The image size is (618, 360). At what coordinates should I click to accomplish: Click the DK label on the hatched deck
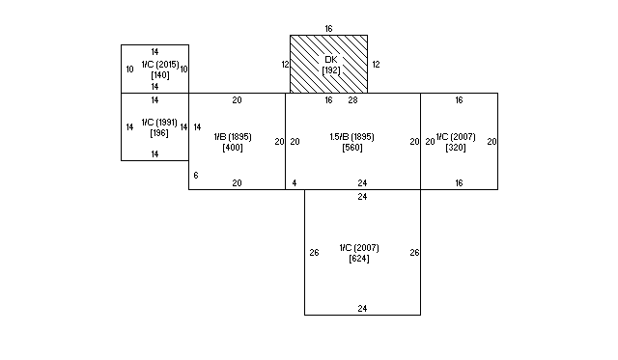tap(331, 60)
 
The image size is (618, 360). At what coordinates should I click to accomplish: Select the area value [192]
tap(331, 70)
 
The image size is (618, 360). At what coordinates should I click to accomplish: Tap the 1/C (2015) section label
tap(160, 65)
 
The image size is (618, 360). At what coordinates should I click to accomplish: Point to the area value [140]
tap(160, 75)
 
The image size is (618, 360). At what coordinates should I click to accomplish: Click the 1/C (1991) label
tap(159, 123)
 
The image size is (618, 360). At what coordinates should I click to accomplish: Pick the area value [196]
tap(159, 133)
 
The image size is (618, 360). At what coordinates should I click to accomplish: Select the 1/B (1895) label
tap(233, 137)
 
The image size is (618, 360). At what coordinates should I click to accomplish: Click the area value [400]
tap(233, 148)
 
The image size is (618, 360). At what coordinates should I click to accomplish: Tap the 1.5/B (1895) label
tap(351, 137)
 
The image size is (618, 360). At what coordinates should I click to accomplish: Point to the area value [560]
tap(352, 148)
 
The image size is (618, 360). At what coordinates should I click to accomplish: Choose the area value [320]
tap(456, 148)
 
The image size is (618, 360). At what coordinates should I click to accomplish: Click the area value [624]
tap(359, 259)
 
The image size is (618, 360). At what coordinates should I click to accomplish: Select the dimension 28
tap(352, 100)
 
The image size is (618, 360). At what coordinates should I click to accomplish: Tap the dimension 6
tap(196, 176)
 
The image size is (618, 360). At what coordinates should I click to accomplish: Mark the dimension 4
tap(294, 183)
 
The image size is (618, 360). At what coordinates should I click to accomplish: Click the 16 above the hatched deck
tap(328, 29)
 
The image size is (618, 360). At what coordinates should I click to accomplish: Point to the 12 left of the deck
tap(286, 65)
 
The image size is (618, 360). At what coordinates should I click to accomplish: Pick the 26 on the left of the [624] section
tap(314, 253)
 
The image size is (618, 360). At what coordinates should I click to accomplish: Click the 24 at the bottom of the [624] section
tap(362, 309)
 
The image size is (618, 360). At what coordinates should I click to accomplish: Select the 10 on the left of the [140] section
tap(129, 69)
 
